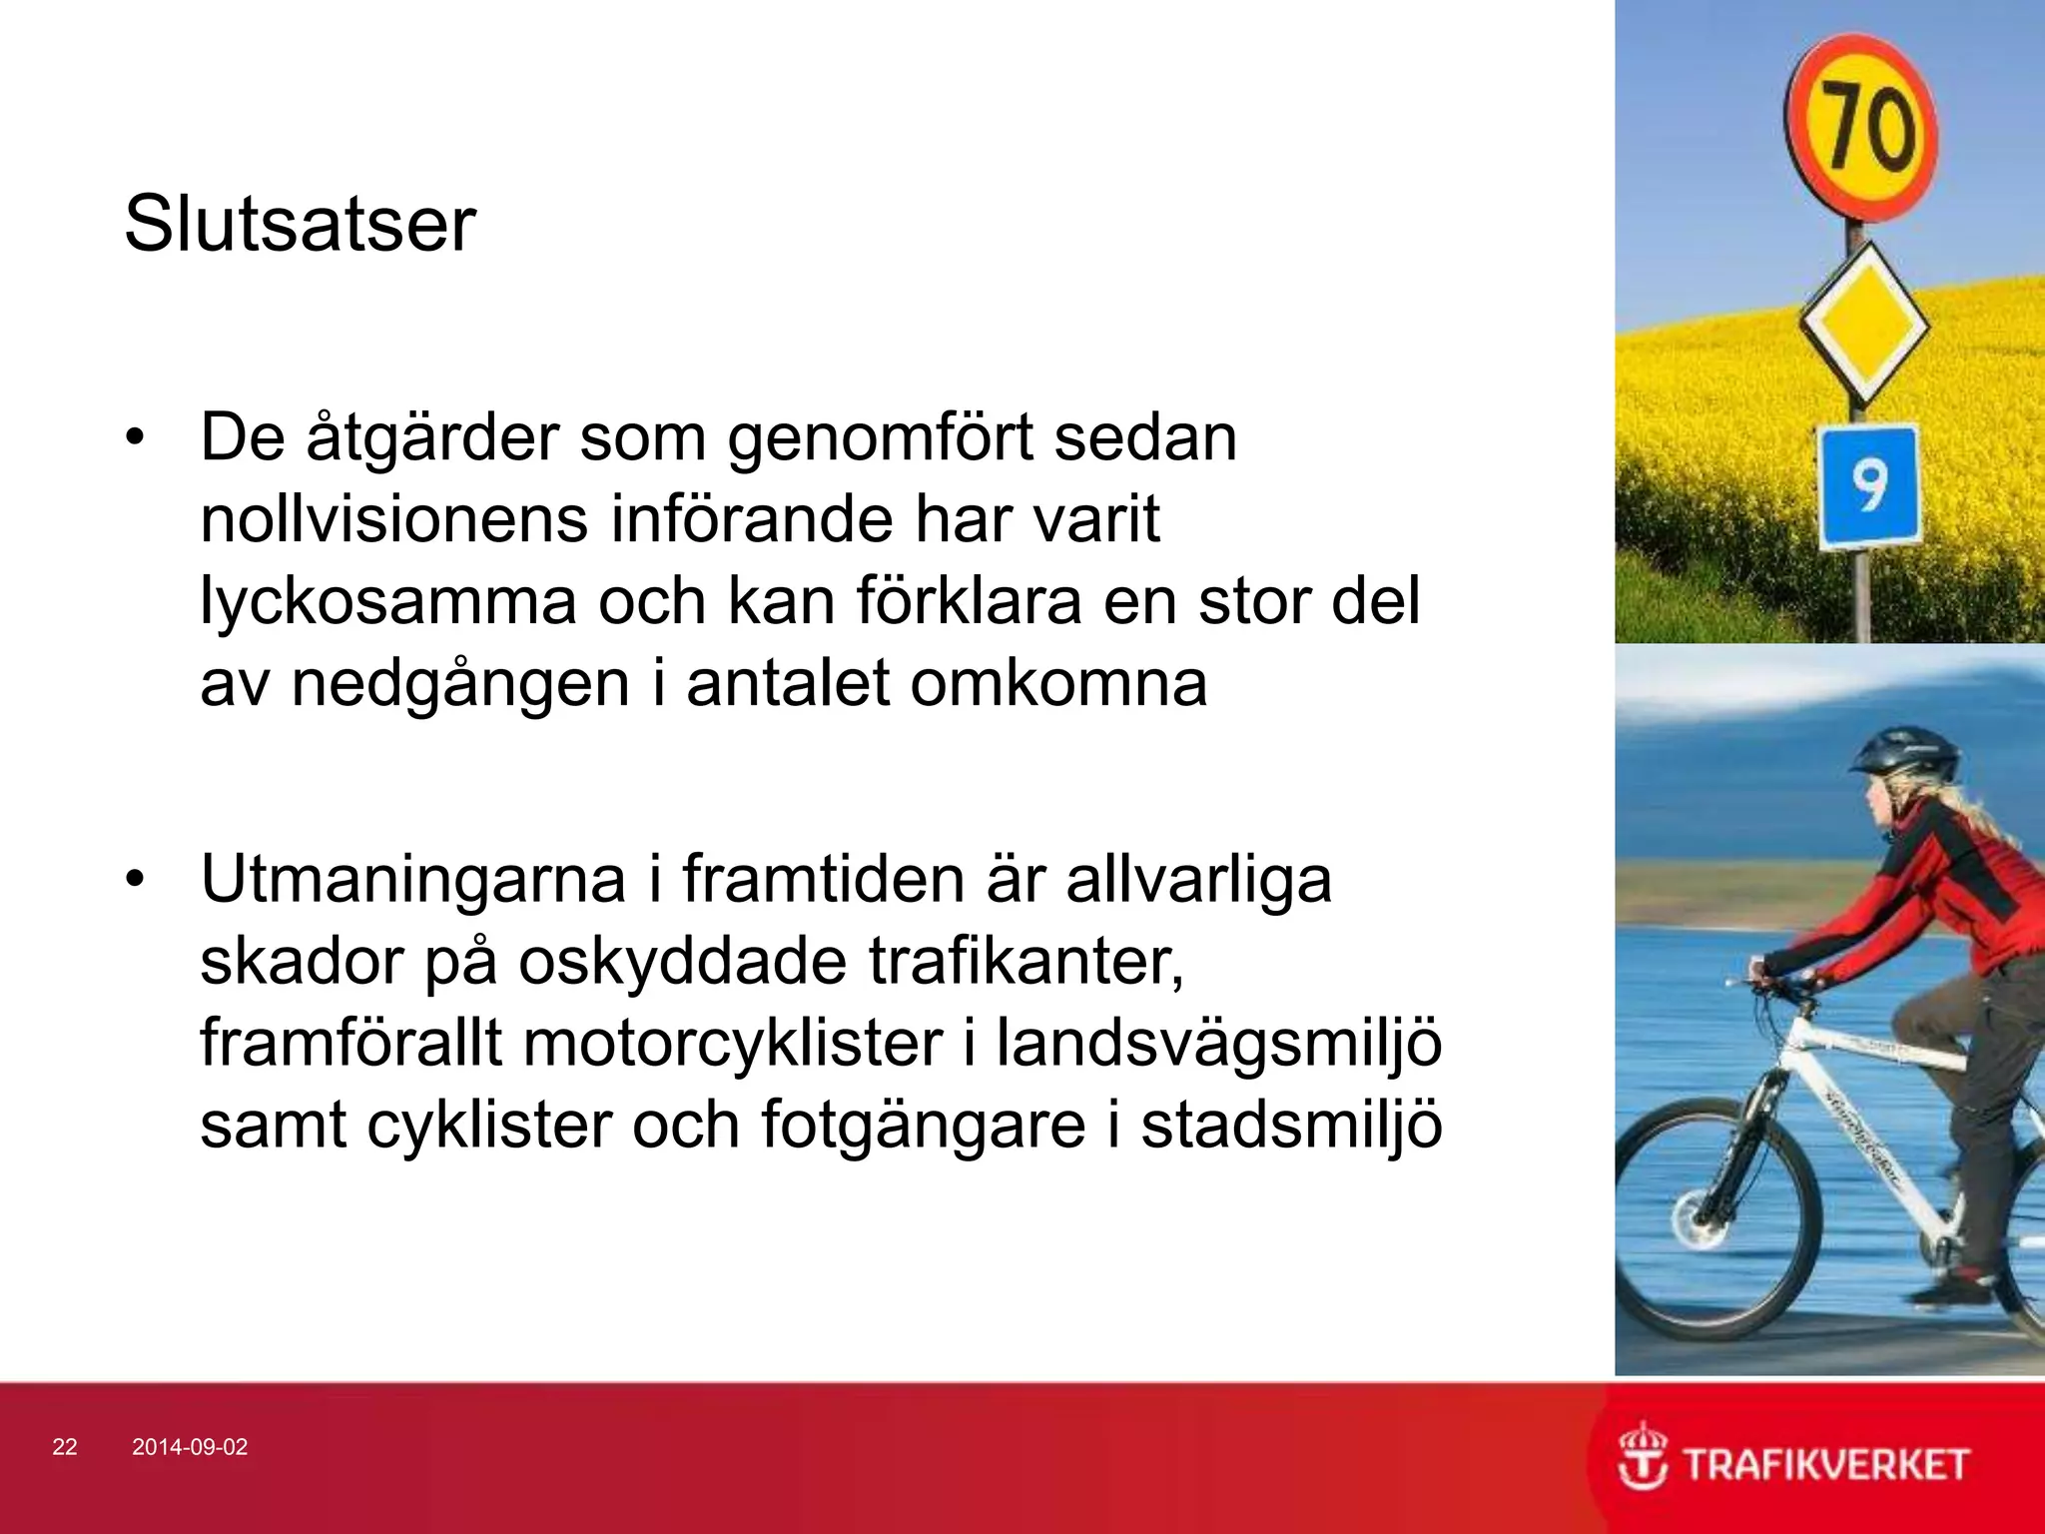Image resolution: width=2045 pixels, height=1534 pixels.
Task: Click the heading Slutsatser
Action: (300, 225)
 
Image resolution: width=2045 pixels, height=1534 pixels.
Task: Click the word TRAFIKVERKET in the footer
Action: (1826, 1465)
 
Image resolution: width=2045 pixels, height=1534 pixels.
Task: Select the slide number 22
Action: (64, 1447)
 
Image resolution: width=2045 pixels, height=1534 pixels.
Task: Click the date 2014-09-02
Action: (190, 1447)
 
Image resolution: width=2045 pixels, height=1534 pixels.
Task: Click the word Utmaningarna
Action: (412, 879)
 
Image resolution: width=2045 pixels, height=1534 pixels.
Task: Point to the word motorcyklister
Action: (732, 1043)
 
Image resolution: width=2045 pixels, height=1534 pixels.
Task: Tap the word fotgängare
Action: (923, 1126)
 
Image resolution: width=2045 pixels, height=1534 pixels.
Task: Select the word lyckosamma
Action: (388, 602)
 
